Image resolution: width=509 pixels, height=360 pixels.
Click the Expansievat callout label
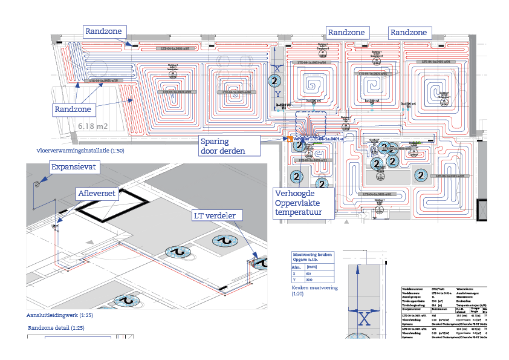(73, 167)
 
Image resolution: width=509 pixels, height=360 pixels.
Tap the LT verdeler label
(218, 215)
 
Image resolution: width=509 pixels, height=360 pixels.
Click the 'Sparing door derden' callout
(222, 146)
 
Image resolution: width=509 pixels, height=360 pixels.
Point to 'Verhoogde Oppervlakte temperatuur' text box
(303, 202)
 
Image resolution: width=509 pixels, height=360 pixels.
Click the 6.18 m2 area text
(93, 126)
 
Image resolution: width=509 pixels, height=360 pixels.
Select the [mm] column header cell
(313, 266)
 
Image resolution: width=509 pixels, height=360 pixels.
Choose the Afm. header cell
(297, 266)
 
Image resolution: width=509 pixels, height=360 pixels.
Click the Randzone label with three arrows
(73, 110)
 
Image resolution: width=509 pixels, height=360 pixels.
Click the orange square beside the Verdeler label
(290, 139)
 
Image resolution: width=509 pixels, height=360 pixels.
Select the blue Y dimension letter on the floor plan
(277, 94)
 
